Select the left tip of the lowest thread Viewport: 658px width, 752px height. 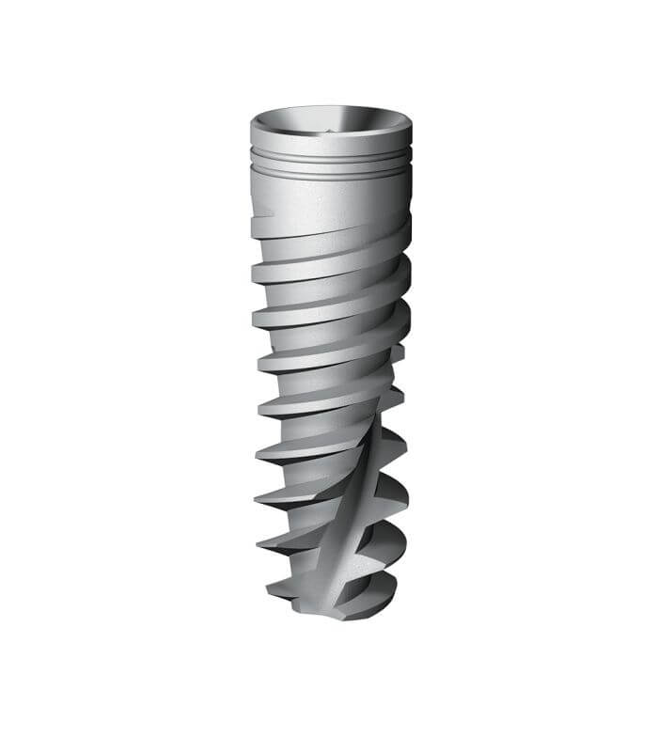pos(270,592)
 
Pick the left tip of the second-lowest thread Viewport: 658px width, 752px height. pos(260,542)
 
